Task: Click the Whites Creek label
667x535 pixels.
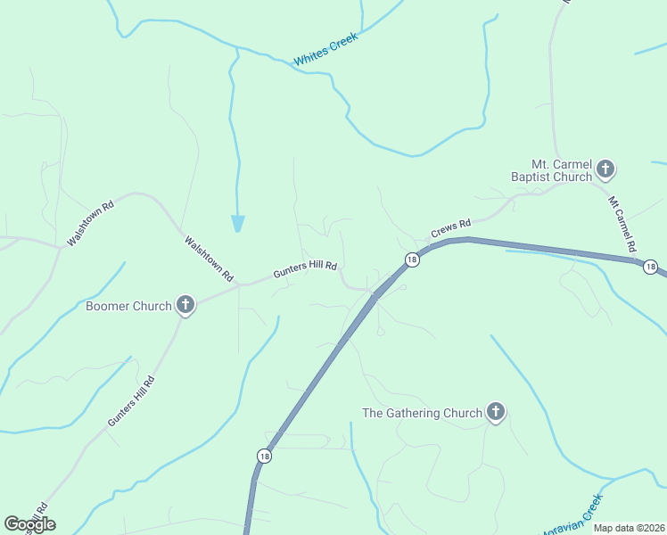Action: click(x=325, y=49)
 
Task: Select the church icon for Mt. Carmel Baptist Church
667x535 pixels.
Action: click(x=605, y=169)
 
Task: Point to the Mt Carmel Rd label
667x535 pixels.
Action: click(x=622, y=223)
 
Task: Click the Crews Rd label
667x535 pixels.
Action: click(x=450, y=228)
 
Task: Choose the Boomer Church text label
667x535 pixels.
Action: click(x=128, y=307)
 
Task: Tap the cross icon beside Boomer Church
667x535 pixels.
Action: click(x=185, y=306)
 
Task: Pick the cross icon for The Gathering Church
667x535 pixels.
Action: click(x=496, y=412)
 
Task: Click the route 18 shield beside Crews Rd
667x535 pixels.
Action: click(x=411, y=259)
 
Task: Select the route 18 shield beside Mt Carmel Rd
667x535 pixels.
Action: click(x=651, y=267)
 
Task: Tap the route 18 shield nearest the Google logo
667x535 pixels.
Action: click(x=264, y=456)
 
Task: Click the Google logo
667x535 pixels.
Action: click(x=29, y=524)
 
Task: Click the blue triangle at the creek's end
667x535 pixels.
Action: click(x=238, y=223)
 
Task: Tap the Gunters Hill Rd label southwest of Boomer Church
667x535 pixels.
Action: click(x=131, y=402)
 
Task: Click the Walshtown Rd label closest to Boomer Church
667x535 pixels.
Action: click(x=208, y=257)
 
